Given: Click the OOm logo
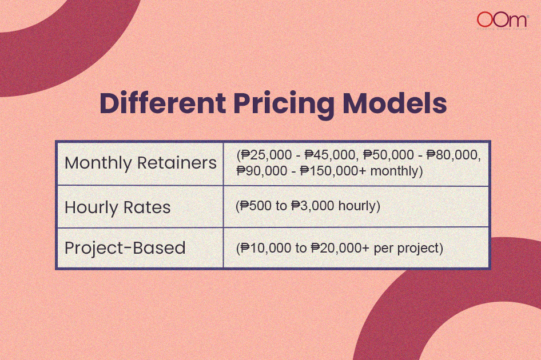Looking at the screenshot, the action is click(x=502, y=21).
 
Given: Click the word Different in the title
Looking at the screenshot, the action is click(x=163, y=103).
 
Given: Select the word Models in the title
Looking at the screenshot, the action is click(x=395, y=103).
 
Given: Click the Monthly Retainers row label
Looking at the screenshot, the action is click(x=141, y=163).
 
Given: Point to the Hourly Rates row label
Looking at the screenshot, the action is click(x=118, y=207).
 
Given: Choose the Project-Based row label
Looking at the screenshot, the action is click(x=125, y=248).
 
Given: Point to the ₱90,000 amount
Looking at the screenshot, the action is click(x=262, y=171).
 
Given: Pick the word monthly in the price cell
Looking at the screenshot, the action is click(x=394, y=171).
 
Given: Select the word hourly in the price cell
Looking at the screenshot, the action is click(x=357, y=206).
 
